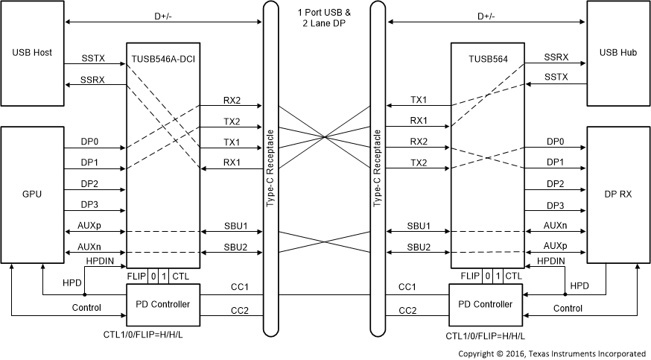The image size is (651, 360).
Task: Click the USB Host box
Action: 32,53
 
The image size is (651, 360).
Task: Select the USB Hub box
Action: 617,53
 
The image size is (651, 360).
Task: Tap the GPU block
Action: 32,194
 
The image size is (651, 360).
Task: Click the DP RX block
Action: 617,194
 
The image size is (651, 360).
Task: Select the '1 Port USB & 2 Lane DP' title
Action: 325,18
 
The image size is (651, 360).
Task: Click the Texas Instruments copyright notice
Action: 551,353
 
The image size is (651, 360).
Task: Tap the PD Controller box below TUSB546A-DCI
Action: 162,304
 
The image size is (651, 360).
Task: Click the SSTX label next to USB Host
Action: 94,57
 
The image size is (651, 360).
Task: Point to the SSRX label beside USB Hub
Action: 556,57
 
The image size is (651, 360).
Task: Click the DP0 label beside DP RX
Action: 555,141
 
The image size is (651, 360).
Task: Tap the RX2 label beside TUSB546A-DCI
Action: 232,100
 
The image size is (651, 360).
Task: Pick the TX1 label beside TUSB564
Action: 419,100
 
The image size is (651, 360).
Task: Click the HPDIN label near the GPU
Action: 101,262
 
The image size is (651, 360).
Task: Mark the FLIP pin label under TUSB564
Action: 469,276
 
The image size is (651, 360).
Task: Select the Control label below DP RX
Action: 568,308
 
